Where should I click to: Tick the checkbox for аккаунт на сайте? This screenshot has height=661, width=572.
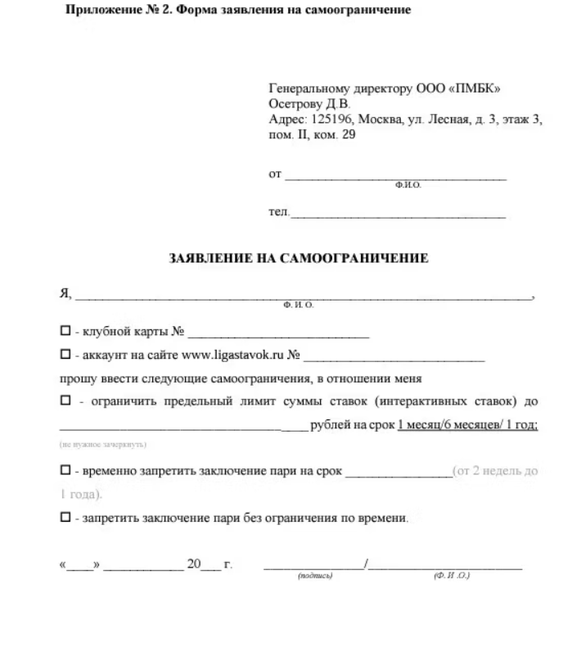click(65, 356)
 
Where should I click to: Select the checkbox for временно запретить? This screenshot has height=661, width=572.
click(65, 472)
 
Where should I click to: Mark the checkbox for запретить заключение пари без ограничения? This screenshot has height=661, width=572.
click(65, 518)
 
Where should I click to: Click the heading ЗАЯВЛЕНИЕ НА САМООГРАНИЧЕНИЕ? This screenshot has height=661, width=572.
click(298, 259)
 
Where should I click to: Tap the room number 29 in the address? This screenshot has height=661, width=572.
click(348, 135)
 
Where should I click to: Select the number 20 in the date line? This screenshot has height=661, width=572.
click(193, 564)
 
